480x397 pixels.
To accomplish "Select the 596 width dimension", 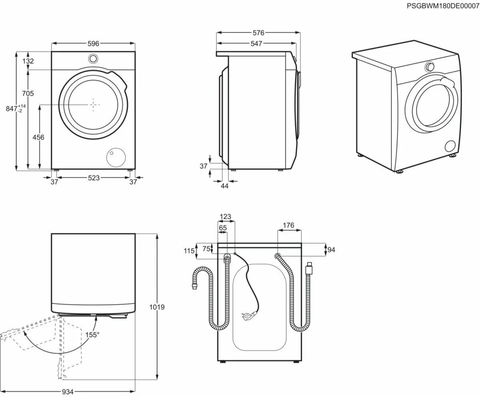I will coord(93,44).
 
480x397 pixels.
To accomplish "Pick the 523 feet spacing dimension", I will coord(94,178).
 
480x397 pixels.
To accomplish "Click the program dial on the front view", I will coord(93,58).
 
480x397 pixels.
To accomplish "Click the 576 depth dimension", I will coord(258,33).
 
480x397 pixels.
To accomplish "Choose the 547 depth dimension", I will coord(256,44).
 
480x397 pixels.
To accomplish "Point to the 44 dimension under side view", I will coord(224,186).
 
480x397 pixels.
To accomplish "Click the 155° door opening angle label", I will coord(92,335).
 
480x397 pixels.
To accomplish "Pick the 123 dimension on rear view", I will coord(225,217).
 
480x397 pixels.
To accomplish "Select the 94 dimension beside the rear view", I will coord(331,250).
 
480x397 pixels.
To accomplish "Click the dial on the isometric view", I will coord(430,66).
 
